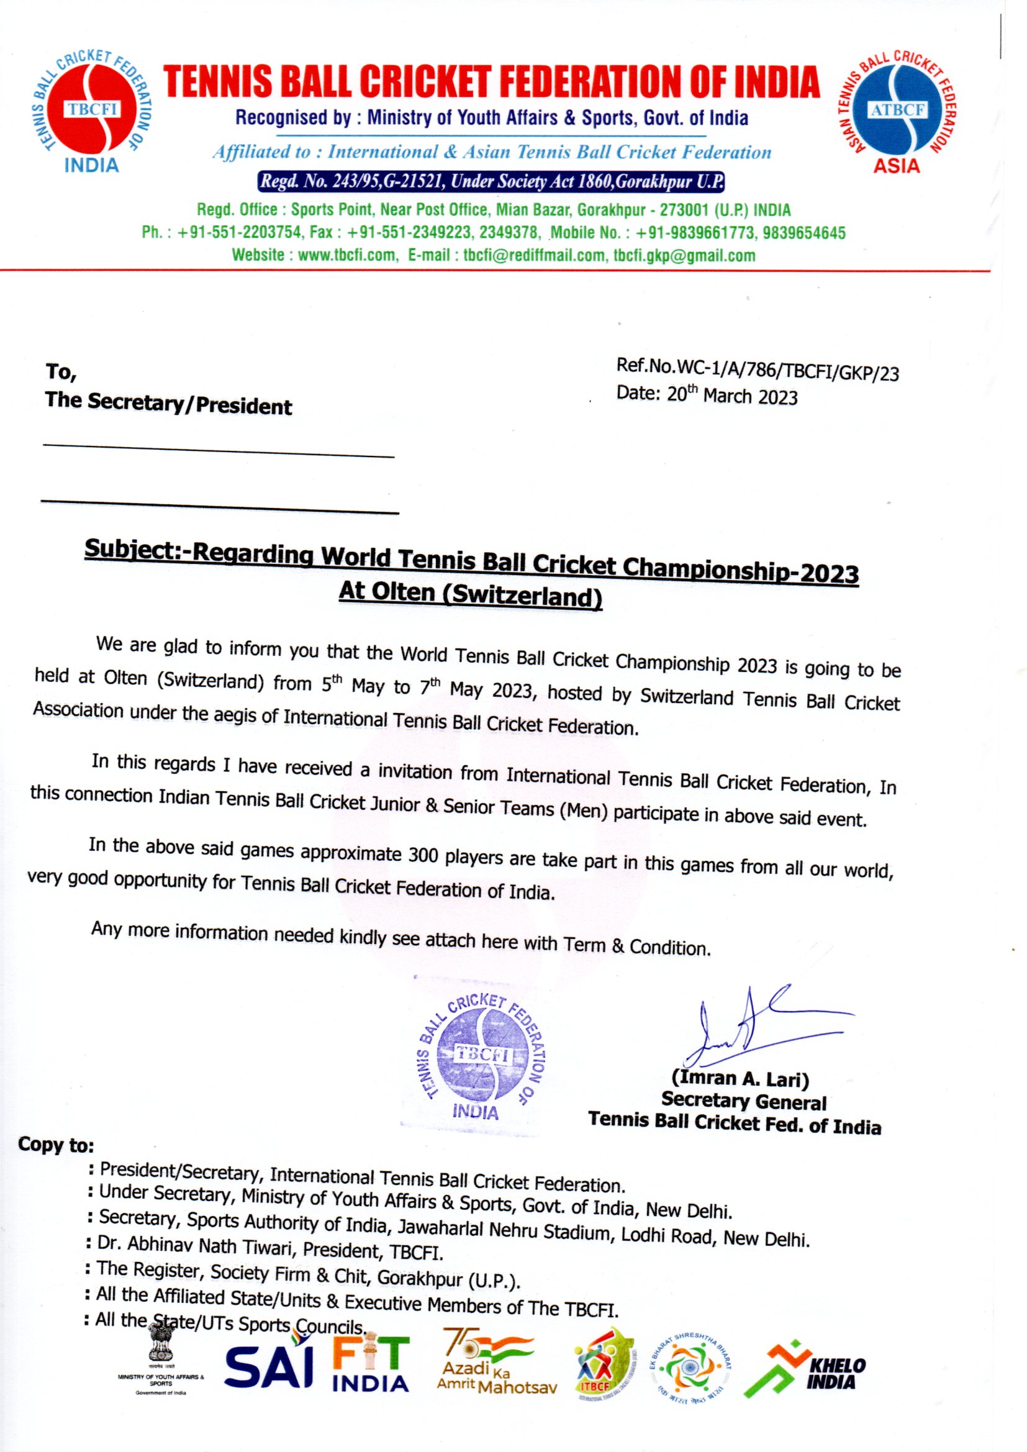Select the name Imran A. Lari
(x=740, y=1079)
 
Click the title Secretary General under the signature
(x=744, y=1102)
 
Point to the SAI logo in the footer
(x=269, y=1366)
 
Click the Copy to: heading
(x=56, y=1145)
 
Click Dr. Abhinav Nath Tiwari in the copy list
(x=196, y=1246)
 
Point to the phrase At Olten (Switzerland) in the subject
(x=471, y=594)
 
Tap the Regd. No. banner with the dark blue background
(x=491, y=182)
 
